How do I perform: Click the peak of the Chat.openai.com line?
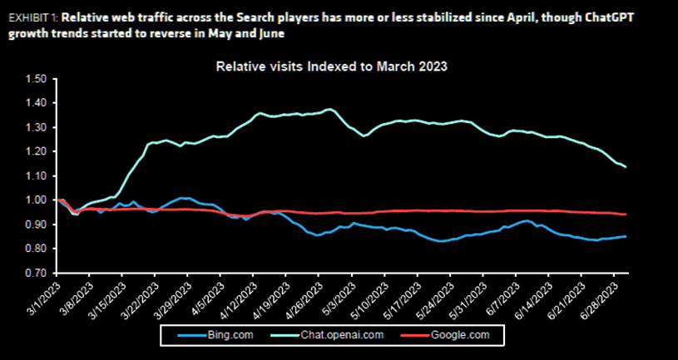(330, 109)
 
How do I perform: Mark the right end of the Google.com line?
(626, 215)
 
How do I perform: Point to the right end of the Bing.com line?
(626, 236)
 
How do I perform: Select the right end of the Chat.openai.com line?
(626, 167)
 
